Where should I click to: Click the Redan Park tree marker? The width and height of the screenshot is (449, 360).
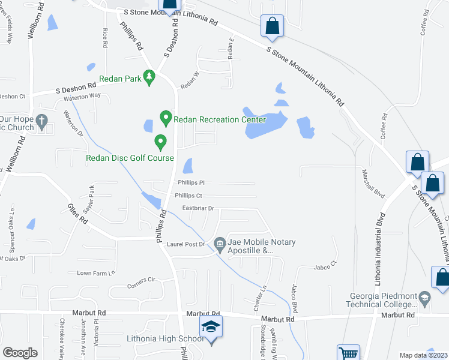coord(149,79)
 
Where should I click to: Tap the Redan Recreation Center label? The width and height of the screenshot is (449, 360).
coord(219,119)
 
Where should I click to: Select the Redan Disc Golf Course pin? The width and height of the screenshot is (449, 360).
coord(160,143)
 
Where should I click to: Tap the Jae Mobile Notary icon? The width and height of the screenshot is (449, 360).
coord(220,242)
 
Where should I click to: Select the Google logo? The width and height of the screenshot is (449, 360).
coord(20,353)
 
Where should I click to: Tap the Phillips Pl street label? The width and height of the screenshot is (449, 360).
coord(191,182)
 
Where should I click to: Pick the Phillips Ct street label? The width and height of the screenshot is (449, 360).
coord(188,196)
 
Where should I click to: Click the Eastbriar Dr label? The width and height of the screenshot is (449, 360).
coord(199,209)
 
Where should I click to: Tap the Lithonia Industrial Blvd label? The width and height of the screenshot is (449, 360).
coord(379,241)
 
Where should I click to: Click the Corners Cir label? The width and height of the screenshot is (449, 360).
coord(141,280)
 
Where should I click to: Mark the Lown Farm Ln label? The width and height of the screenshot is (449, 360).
coord(95,273)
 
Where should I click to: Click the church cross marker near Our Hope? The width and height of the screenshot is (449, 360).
coord(41,122)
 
